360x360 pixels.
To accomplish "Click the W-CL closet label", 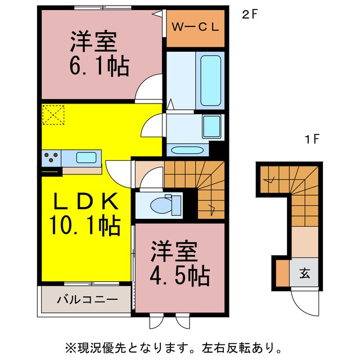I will tap(195, 27).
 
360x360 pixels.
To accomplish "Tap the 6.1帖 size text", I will tap(100, 67).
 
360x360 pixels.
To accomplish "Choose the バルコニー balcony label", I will tap(87, 300).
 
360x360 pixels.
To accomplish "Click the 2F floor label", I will tap(250, 15).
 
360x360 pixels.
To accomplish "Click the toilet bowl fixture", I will tap(163, 205).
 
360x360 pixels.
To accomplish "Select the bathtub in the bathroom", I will tap(211, 80).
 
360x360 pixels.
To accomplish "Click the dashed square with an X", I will tap(53, 116).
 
